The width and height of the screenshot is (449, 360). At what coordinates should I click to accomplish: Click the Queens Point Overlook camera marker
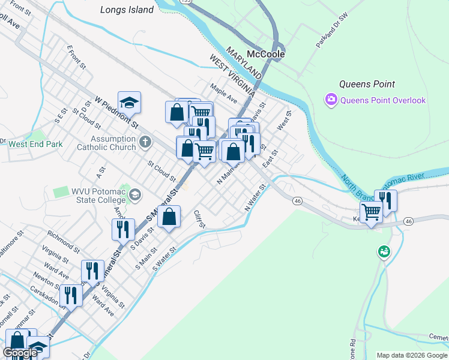tap(331, 100)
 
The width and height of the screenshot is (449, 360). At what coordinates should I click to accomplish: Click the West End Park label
tap(35, 144)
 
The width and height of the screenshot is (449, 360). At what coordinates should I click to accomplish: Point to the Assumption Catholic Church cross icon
tap(144, 142)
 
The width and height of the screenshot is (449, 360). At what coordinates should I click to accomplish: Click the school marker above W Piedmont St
tap(129, 103)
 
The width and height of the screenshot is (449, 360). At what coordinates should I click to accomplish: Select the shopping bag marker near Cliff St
tap(169, 217)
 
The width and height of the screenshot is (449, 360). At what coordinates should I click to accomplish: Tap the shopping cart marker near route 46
tap(371, 212)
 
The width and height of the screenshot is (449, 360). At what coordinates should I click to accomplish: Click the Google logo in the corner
tap(20, 353)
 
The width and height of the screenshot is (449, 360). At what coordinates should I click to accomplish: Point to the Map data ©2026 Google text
tap(411, 355)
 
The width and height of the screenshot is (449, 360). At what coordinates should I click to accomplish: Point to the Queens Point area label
tap(367, 84)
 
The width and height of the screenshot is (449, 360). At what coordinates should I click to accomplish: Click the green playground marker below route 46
tap(383, 252)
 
